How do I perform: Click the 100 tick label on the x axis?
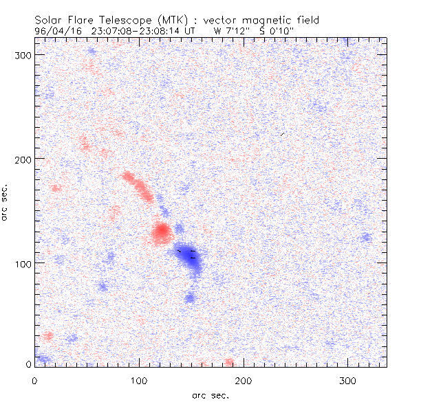coord(139,379)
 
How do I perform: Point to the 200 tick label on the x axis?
coord(244,379)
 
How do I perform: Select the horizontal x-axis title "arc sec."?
coord(210,395)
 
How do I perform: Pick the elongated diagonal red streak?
coord(138,186)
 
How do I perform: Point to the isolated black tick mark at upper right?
coord(282,134)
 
